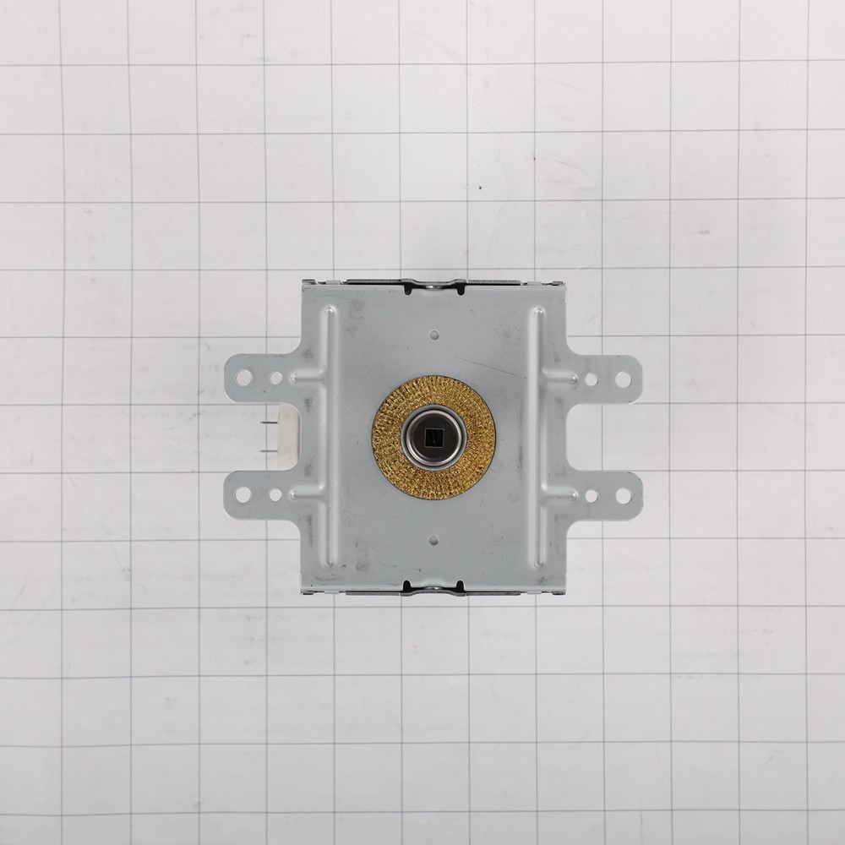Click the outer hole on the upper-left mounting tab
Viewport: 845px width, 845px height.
coord(243,378)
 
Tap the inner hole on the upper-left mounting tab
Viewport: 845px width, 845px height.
coord(275,378)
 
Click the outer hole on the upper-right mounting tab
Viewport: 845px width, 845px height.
coord(623,379)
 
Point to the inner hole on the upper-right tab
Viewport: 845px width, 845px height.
coord(591,379)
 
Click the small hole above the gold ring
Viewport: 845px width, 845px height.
coord(433,335)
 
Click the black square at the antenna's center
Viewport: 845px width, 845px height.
coord(433,438)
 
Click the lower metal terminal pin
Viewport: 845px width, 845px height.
coord(269,449)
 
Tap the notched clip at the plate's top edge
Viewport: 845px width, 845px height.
coord(434,286)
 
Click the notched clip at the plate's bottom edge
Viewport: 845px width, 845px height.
coord(433,586)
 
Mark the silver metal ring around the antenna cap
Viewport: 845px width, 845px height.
coord(415,438)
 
